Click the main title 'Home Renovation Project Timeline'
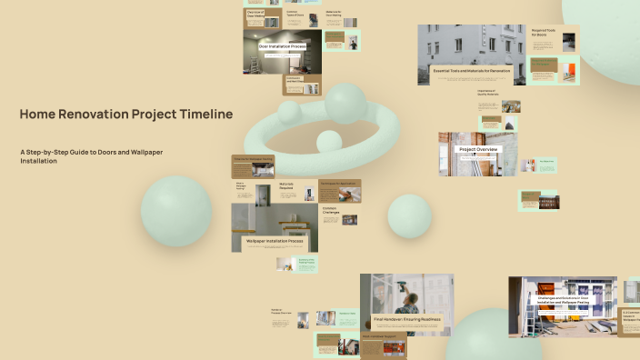point(125,115)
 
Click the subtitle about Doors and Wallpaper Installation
point(91,155)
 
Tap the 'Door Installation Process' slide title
point(282,45)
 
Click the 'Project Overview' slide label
point(477,149)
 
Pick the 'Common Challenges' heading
point(331,210)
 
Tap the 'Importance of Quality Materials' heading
point(488,93)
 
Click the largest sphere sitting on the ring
point(345,103)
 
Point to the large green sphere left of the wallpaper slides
point(175,211)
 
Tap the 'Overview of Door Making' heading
point(257,15)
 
